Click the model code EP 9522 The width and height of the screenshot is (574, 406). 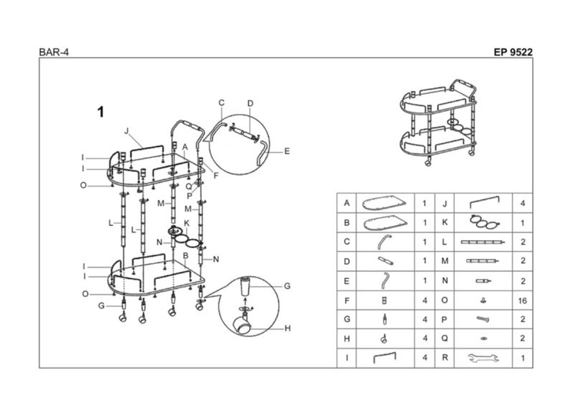513,52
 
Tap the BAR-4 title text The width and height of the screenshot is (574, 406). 54,53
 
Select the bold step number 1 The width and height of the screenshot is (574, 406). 101,112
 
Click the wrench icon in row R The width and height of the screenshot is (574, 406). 483,358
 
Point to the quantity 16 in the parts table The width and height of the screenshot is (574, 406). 522,300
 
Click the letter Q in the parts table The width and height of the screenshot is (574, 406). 444,339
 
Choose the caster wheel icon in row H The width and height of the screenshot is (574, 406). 384,339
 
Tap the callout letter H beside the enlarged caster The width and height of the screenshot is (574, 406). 287,329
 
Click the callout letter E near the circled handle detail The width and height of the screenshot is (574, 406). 287,152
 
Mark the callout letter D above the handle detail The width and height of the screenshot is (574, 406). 250,103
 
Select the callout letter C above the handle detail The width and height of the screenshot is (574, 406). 221,103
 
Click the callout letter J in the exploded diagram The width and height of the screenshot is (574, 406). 126,131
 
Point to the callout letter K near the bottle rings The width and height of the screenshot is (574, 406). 187,223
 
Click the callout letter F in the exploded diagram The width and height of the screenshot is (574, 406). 216,176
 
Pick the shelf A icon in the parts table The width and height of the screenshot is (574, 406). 384,203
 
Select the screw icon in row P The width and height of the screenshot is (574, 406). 483,319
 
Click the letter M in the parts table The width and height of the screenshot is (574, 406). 445,261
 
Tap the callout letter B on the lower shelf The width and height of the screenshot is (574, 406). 186,256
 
